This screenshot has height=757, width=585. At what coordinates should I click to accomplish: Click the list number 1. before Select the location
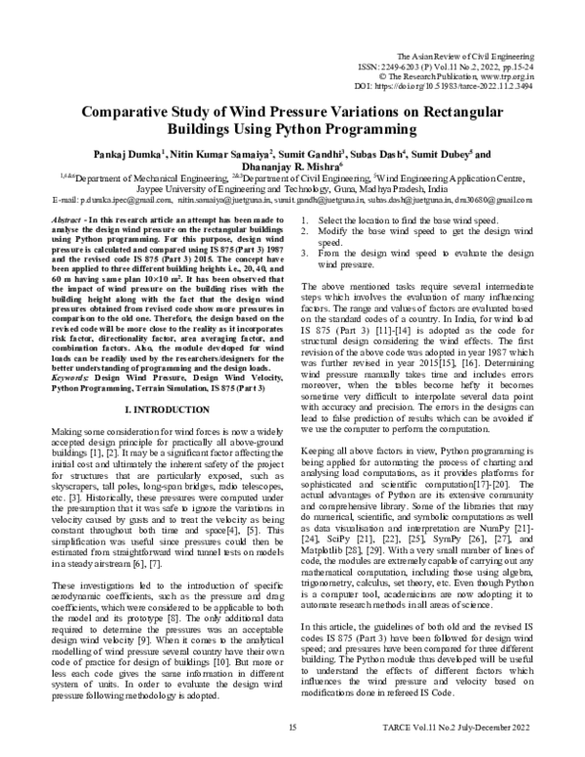click(x=307, y=221)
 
